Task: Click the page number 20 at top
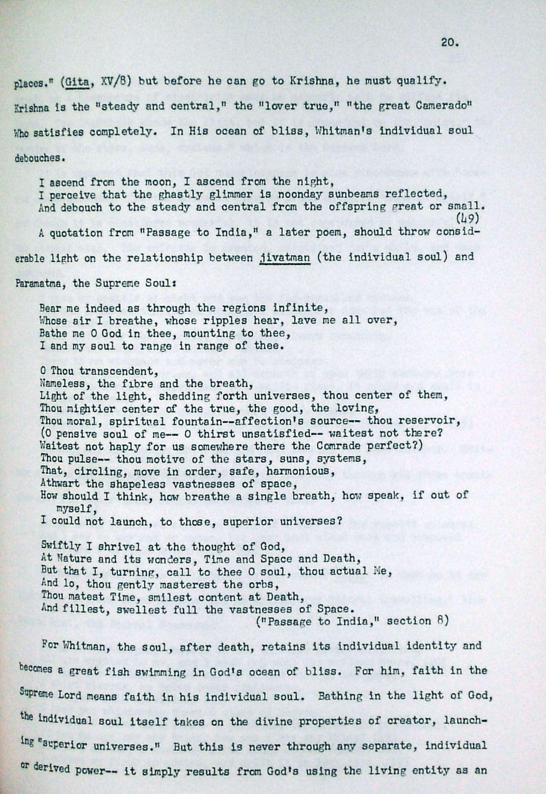[449, 43]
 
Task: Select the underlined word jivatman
[285, 257]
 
